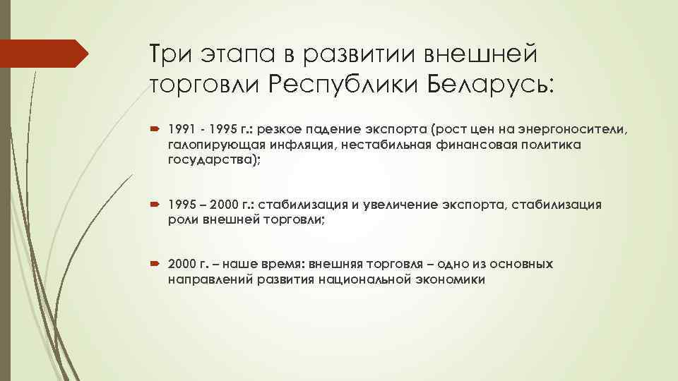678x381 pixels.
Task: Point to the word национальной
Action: [365, 279]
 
